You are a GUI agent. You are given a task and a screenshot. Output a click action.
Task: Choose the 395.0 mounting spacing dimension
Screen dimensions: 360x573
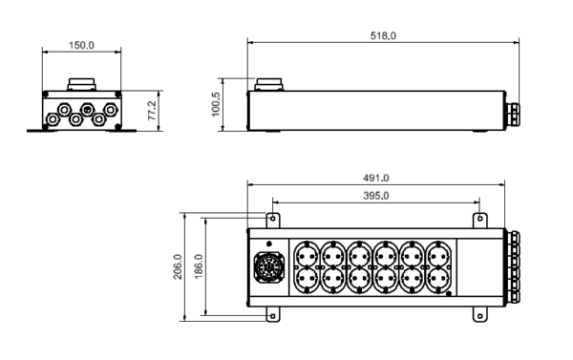[376, 195]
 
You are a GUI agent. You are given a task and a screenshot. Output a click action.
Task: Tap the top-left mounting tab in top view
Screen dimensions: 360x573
[272, 220]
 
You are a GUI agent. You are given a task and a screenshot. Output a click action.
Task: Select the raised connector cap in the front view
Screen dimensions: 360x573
[79, 82]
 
